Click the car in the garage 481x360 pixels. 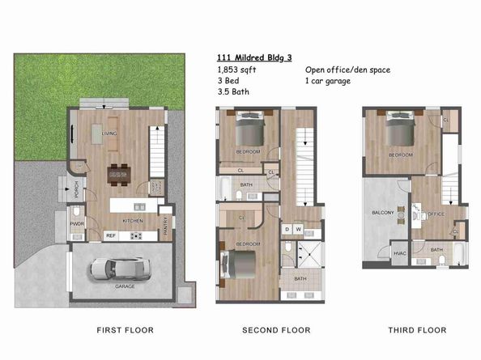click(119, 268)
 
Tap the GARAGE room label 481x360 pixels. click(126, 287)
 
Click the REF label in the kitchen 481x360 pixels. click(111, 235)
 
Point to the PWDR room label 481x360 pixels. click(79, 223)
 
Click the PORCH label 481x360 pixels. click(76, 192)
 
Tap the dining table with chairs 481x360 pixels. click(120, 174)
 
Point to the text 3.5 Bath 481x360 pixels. click(233, 93)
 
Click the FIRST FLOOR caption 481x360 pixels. click(125, 330)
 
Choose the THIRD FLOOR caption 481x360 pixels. click(417, 330)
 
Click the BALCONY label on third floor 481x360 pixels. click(383, 213)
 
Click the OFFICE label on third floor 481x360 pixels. click(436, 214)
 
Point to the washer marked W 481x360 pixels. click(298, 229)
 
